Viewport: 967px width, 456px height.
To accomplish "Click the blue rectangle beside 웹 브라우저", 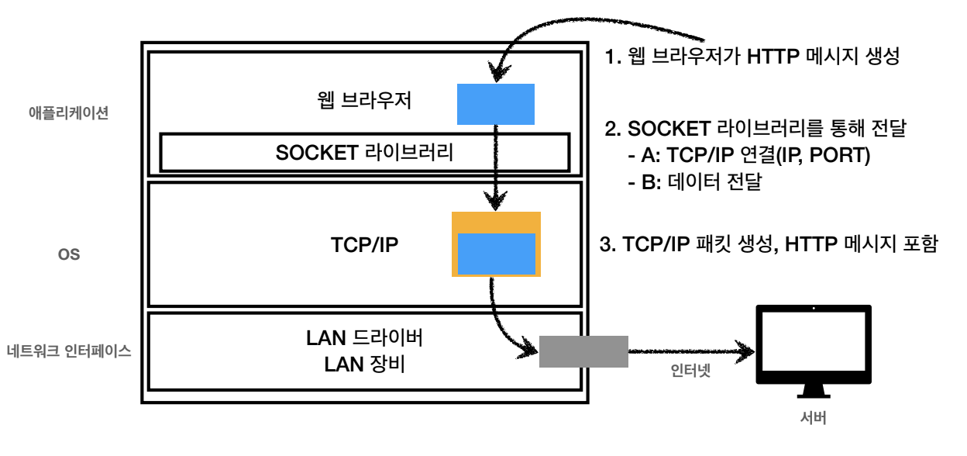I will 496,104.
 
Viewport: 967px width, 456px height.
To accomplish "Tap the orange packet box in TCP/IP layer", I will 496,220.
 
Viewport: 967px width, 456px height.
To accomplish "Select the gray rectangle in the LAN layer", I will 583,351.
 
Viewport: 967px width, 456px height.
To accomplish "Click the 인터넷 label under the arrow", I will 690,371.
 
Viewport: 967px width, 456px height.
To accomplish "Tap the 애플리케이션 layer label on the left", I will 68,112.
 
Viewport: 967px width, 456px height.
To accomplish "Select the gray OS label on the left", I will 69,254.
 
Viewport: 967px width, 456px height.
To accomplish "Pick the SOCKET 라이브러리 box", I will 364,152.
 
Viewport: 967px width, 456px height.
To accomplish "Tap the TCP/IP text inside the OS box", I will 364,245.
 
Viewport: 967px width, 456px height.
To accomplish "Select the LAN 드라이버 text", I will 364,338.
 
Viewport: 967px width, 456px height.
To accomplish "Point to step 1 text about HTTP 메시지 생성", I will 752,58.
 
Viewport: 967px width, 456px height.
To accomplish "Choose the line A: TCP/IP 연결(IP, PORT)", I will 748,155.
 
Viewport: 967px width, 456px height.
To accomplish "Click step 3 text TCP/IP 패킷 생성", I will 769,245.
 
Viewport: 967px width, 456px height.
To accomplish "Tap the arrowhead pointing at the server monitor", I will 745,351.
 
